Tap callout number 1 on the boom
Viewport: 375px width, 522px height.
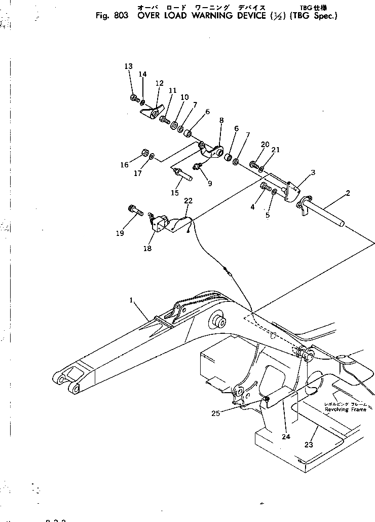pos(131,300)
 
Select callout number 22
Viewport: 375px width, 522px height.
pos(189,201)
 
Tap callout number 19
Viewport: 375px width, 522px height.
pos(120,233)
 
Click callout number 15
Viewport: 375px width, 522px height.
pos(175,193)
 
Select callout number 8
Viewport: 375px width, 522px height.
pos(221,120)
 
